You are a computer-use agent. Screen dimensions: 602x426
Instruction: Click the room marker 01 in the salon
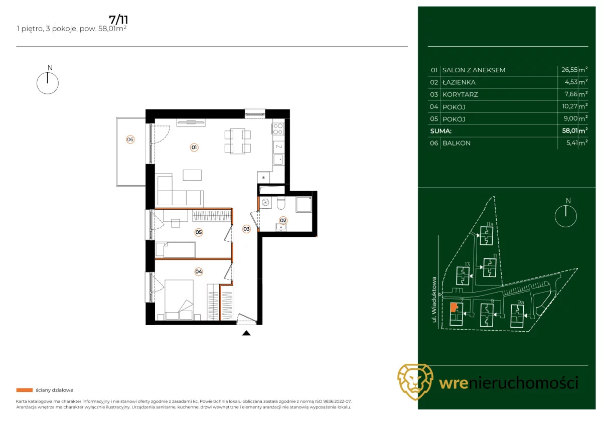click(194, 148)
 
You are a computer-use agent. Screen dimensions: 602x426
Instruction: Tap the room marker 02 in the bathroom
click(283, 220)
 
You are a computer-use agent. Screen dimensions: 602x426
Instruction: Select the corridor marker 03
click(246, 229)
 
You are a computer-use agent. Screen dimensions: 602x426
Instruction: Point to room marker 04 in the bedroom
click(199, 271)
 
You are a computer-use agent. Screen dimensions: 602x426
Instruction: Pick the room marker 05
click(199, 232)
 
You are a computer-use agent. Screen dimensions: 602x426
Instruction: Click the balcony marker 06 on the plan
click(130, 139)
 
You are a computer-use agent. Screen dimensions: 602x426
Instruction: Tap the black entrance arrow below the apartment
click(246, 333)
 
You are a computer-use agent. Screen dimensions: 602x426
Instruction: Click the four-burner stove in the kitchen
click(278, 129)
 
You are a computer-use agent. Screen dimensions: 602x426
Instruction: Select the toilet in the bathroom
click(281, 204)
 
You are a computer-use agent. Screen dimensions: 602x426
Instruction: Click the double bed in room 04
click(179, 300)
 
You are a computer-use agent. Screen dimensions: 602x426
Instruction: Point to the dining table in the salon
click(238, 141)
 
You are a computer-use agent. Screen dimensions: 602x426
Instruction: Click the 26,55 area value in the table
click(569, 70)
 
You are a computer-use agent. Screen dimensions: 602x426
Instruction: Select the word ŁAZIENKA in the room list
click(459, 82)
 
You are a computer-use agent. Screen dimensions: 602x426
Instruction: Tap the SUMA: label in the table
click(441, 131)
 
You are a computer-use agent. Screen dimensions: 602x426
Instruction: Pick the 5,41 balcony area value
click(572, 143)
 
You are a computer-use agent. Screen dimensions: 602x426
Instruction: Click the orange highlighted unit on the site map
click(454, 307)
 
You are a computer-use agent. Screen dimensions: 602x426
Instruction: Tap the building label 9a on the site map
click(521, 302)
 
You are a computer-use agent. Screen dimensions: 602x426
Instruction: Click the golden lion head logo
click(415, 382)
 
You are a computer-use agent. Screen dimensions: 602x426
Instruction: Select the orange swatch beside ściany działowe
click(25, 390)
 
